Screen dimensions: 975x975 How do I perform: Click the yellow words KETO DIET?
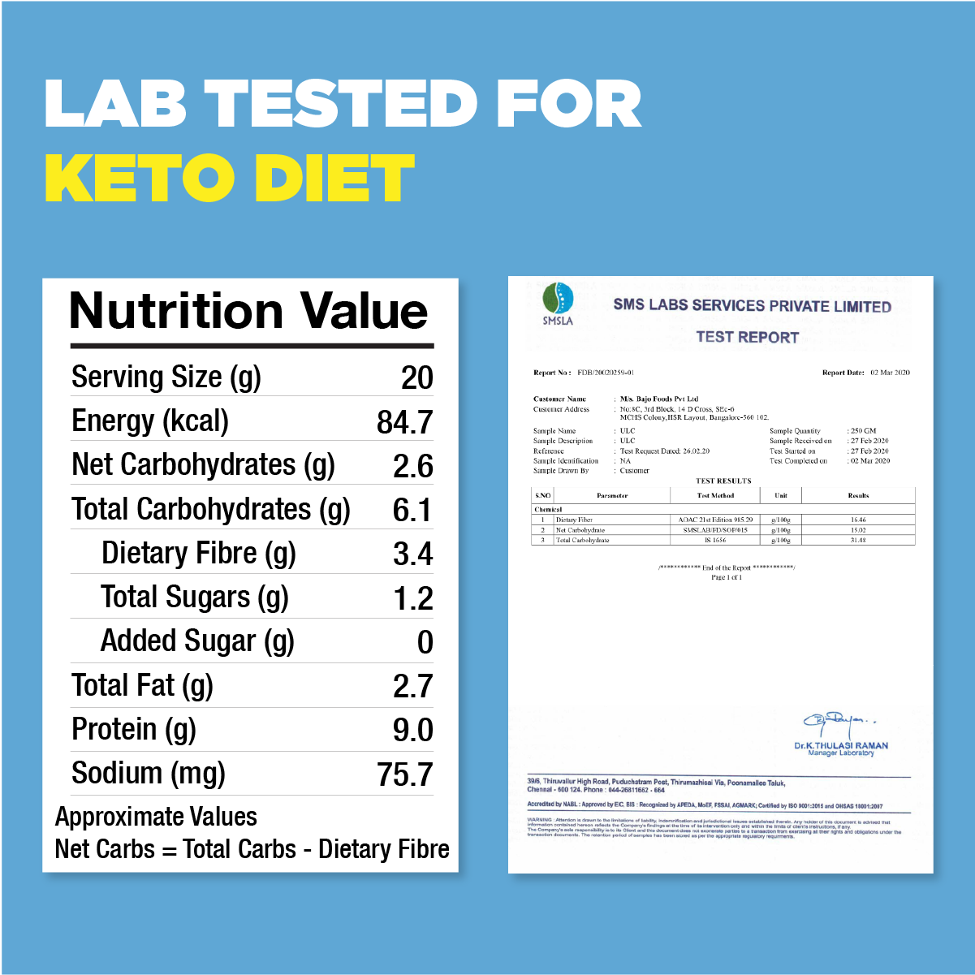[x=230, y=179]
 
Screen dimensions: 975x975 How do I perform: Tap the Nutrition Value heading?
[x=248, y=311]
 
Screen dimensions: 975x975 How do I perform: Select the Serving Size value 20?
[x=417, y=378]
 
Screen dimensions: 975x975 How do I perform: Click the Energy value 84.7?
[x=405, y=422]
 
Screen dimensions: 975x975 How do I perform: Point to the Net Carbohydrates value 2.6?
[x=412, y=466]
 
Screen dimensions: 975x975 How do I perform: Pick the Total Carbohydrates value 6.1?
[x=412, y=511]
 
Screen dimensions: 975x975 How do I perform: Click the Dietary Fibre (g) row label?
[x=199, y=554]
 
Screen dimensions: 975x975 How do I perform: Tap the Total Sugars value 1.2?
[x=412, y=599]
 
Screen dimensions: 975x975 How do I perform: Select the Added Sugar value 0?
[x=425, y=643]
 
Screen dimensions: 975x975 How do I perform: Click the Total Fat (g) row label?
[x=143, y=686]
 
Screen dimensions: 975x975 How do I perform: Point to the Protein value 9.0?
[x=412, y=731]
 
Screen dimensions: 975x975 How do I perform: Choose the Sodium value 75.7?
[x=404, y=774]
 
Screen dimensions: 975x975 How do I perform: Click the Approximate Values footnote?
[x=156, y=817]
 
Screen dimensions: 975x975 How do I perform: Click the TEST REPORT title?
[x=747, y=337]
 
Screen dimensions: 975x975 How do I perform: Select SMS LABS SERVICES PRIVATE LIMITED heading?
[x=752, y=306]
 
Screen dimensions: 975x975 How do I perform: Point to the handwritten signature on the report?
[x=836, y=720]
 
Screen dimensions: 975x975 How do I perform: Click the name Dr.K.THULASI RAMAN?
[x=841, y=745]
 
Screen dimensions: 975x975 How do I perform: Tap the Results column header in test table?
[x=858, y=495]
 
